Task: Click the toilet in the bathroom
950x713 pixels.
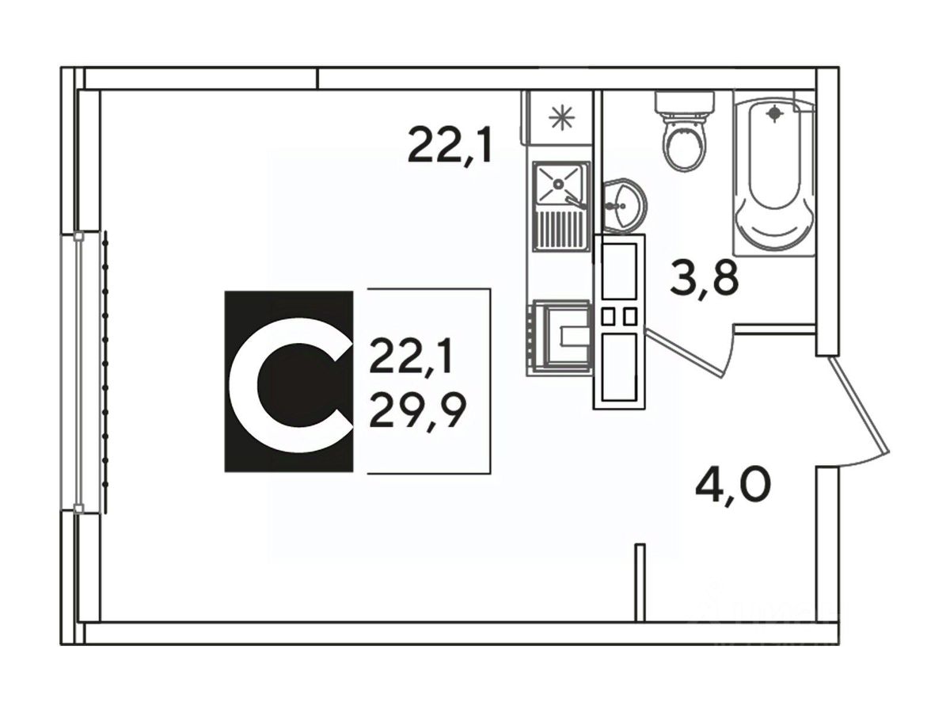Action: click(684, 143)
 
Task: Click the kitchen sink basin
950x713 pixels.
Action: click(559, 184)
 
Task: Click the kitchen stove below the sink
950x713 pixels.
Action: click(559, 336)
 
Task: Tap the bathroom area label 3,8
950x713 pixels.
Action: click(704, 276)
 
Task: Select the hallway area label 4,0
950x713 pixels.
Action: click(733, 483)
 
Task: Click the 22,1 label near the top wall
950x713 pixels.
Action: click(450, 146)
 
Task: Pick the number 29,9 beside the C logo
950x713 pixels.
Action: click(416, 410)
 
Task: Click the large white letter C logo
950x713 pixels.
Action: click(289, 382)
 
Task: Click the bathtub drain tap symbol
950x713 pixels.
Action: click(774, 113)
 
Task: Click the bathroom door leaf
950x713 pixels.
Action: click(687, 353)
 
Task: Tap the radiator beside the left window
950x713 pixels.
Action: click(105, 372)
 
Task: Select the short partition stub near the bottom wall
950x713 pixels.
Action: click(640, 581)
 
